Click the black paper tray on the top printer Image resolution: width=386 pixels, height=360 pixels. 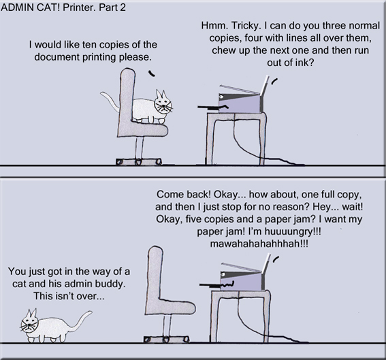pyautogui.click(x=211, y=106)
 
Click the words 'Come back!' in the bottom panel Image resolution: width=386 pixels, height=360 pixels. pyautogui.click(x=182, y=193)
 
